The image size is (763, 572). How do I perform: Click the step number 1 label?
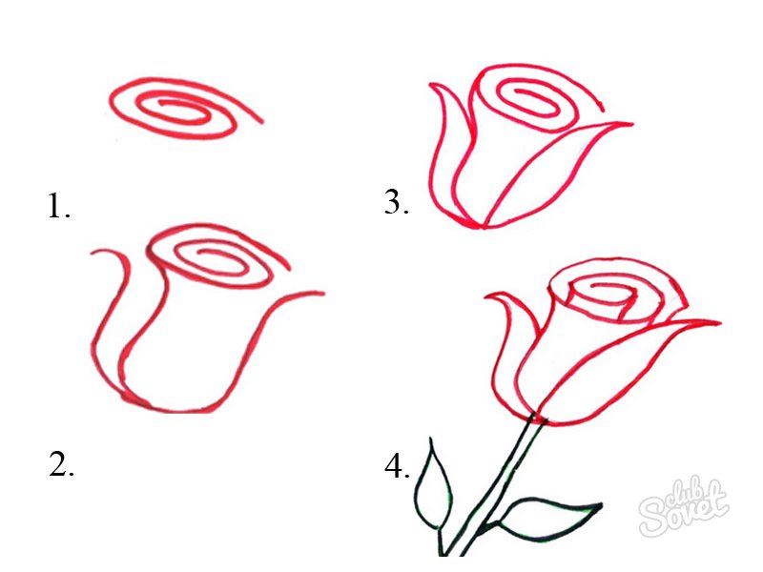click(x=59, y=206)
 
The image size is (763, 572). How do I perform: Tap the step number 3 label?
click(x=396, y=202)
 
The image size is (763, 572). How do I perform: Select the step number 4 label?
click(x=397, y=466)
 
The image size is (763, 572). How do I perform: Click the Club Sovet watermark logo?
click(x=684, y=506)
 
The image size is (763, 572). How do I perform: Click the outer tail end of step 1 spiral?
click(x=262, y=121)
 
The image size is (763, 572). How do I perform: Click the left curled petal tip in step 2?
click(x=93, y=253)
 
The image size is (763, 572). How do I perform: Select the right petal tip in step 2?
click(x=322, y=294)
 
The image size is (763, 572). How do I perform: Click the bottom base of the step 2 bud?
click(x=180, y=410)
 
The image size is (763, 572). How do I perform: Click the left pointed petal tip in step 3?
click(x=431, y=85)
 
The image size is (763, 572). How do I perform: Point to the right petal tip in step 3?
click(x=630, y=125)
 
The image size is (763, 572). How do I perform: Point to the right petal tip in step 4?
click(x=718, y=322)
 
